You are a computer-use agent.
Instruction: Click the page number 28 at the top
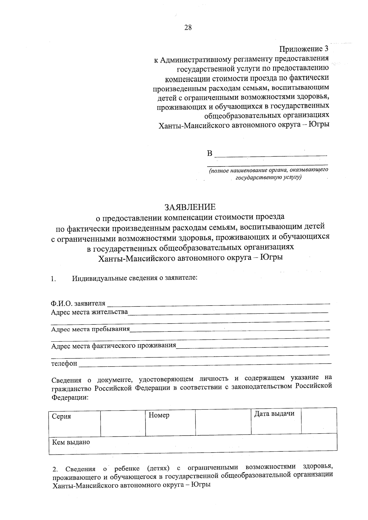click(x=188, y=28)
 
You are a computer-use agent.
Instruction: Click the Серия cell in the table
click(x=62, y=416)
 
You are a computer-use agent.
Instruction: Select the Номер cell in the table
click(x=159, y=415)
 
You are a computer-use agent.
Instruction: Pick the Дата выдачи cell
click(x=274, y=414)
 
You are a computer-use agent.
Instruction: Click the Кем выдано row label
click(x=71, y=442)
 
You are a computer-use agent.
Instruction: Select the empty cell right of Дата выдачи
click(x=319, y=420)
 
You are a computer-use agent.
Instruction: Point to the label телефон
click(x=64, y=363)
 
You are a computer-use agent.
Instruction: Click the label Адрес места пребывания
click(x=90, y=329)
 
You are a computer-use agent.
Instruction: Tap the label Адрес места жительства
click(x=89, y=312)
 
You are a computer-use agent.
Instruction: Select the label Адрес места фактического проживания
click(x=113, y=346)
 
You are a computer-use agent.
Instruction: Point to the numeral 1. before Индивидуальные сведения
click(x=53, y=279)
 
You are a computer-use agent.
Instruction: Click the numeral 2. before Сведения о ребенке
click(x=55, y=469)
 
